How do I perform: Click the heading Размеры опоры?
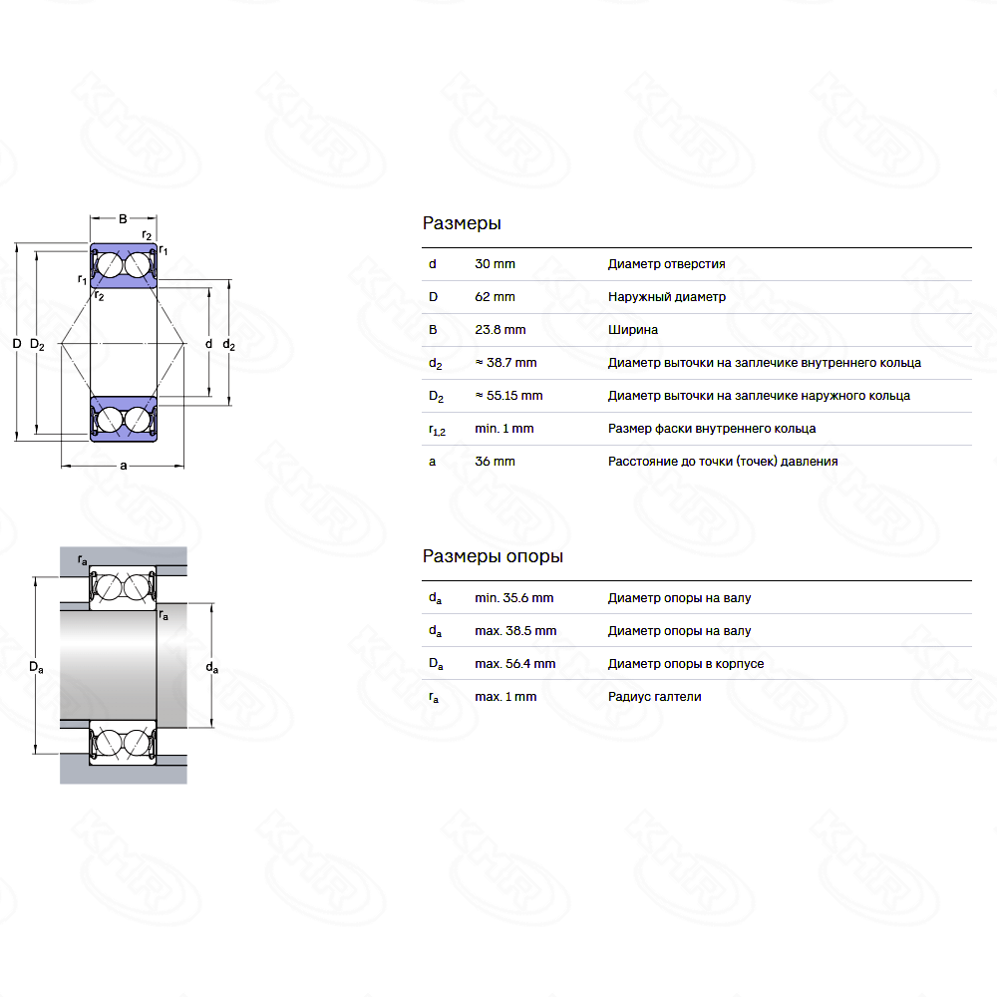pyautogui.click(x=493, y=556)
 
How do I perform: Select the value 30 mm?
pyautogui.click(x=495, y=264)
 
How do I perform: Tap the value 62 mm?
pyautogui.click(x=495, y=297)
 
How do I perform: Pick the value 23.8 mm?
pyautogui.click(x=500, y=330)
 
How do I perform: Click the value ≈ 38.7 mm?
pyautogui.click(x=505, y=363)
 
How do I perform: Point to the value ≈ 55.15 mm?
pyautogui.click(x=508, y=396)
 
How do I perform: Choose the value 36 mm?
pyautogui.click(x=495, y=462)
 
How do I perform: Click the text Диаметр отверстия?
pyautogui.click(x=666, y=264)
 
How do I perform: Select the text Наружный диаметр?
pyautogui.click(x=666, y=297)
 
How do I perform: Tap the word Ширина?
pyautogui.click(x=633, y=330)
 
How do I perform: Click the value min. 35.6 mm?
pyautogui.click(x=513, y=598)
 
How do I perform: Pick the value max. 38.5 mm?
pyautogui.click(x=515, y=631)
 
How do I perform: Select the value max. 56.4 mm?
pyautogui.click(x=515, y=664)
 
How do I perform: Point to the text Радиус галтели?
pyautogui.click(x=654, y=697)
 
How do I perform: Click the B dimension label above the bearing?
pyautogui.click(x=123, y=218)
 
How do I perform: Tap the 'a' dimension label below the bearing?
pyautogui.click(x=124, y=466)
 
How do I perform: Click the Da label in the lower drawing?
pyautogui.click(x=36, y=667)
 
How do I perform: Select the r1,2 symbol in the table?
pyautogui.click(x=437, y=430)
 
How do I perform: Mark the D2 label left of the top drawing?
pyautogui.click(x=37, y=345)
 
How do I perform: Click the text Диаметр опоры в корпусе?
pyautogui.click(x=686, y=664)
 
